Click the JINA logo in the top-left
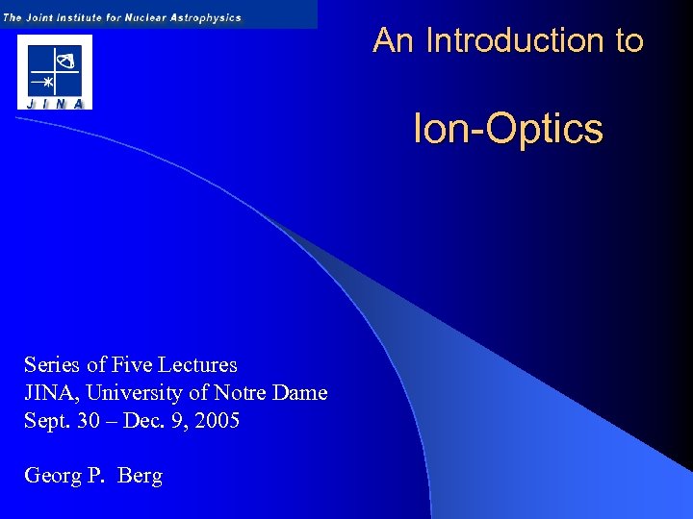54,72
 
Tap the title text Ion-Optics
507,129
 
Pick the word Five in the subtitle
133,365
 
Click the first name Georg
51,476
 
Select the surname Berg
141,476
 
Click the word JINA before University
49,393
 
